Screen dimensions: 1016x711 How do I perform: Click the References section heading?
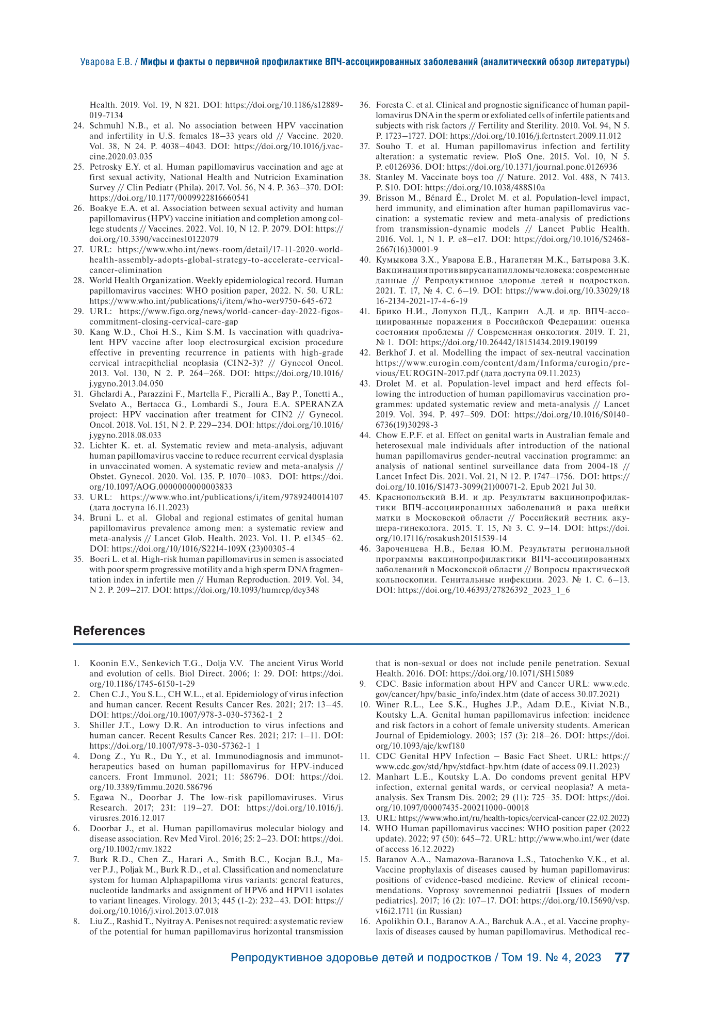[109, 631]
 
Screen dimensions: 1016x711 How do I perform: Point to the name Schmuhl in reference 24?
[106, 126]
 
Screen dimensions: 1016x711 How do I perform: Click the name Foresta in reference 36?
[390, 105]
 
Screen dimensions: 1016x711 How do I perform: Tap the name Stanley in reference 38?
[390, 178]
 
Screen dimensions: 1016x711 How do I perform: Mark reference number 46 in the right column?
[365, 549]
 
